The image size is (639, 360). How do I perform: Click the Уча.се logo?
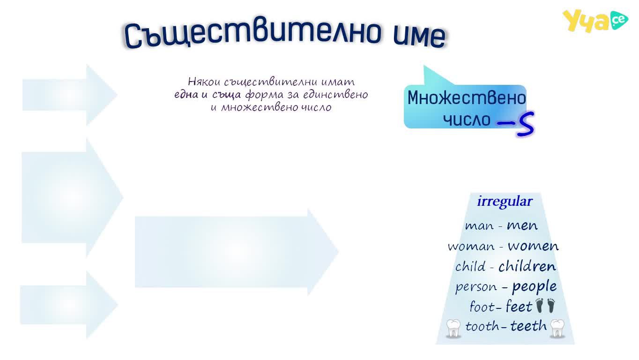click(x=595, y=21)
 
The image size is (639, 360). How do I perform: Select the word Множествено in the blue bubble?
click(x=467, y=98)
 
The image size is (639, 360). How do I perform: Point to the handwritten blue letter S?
click(x=525, y=124)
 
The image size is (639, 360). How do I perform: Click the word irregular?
click(x=505, y=202)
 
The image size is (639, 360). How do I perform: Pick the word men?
click(x=522, y=226)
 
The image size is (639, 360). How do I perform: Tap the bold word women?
click(x=533, y=246)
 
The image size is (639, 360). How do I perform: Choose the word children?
click(x=528, y=266)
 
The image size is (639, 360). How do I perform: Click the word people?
click(x=535, y=287)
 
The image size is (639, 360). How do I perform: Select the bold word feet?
click(x=519, y=307)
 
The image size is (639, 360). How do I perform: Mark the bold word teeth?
click(x=528, y=326)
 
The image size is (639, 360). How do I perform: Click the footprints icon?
click(x=545, y=306)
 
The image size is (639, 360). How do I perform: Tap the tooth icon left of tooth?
click(x=453, y=329)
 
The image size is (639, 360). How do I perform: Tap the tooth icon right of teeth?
click(x=557, y=329)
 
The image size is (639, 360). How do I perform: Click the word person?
click(x=476, y=287)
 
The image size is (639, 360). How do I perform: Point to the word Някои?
click(x=204, y=82)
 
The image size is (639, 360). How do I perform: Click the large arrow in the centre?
click(x=237, y=252)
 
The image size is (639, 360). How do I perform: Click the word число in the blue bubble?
click(x=467, y=120)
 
